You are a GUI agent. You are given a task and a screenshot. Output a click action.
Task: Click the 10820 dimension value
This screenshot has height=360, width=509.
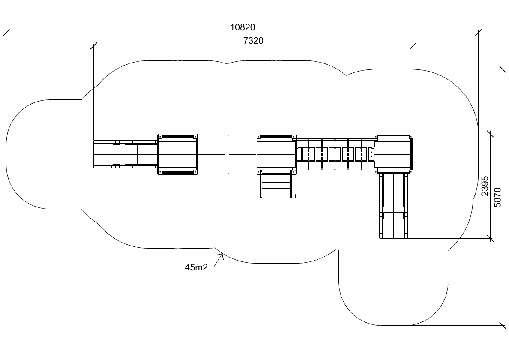tap(243, 27)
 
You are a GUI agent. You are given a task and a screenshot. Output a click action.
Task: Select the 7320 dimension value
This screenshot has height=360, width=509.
tap(253, 41)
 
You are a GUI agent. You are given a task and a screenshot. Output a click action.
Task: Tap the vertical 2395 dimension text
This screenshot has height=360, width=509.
tap(485, 186)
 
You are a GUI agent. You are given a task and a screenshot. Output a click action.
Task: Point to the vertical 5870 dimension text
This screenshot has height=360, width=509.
tap(497, 197)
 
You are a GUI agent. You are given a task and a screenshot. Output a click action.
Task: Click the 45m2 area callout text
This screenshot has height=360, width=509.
tap(196, 267)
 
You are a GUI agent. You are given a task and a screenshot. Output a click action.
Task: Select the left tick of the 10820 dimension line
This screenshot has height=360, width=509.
tap(6, 33)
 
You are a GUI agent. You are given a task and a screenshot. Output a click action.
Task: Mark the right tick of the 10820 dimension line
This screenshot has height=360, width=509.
tap(478, 33)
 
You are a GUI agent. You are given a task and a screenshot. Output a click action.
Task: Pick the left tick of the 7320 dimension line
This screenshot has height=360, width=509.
tap(93, 46)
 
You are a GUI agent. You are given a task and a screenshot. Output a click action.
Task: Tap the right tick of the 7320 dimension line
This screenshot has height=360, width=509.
tap(413, 46)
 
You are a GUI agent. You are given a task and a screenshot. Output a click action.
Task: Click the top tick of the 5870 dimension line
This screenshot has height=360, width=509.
tap(503, 69)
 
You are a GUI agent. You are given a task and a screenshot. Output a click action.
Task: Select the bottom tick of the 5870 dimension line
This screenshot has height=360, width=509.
tap(503, 325)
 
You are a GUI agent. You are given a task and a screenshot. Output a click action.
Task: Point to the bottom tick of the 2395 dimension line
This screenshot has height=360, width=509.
tap(490, 239)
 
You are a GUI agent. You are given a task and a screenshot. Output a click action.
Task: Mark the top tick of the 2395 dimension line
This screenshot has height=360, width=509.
tap(490, 133)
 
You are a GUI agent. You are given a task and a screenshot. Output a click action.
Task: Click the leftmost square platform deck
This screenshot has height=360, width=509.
tap(178, 154)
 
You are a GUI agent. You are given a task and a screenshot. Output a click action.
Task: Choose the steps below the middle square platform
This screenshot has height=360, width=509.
tap(277, 186)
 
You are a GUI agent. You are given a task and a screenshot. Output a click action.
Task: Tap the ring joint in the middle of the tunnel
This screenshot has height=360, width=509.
tap(227, 154)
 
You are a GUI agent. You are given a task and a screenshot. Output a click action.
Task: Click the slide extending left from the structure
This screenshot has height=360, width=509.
tap(126, 154)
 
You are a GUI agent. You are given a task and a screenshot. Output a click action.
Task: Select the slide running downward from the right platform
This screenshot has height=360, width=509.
tap(393, 206)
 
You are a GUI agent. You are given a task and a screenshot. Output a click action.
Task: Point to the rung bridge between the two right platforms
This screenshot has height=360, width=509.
tap(335, 154)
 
